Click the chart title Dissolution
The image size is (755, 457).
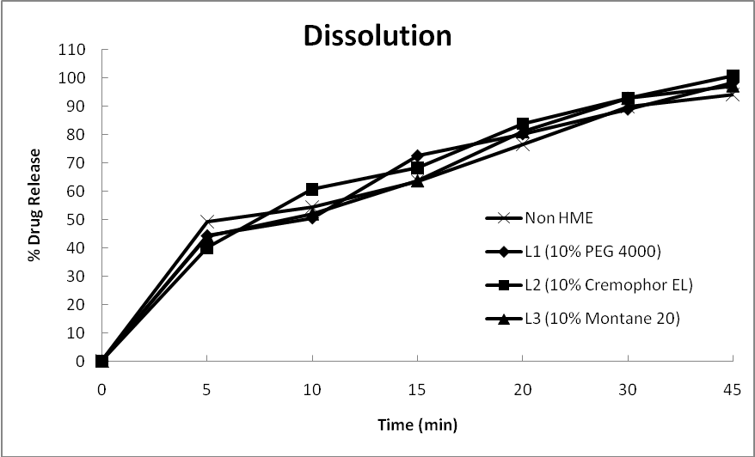[377, 36]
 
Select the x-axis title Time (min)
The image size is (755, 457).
[417, 424]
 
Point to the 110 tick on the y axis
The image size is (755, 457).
[72, 50]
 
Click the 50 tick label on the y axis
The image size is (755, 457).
[76, 220]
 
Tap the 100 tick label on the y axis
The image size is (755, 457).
[72, 78]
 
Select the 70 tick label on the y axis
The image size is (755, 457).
[76, 163]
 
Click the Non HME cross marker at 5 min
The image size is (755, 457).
[207, 222]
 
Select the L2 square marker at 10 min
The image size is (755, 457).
[312, 189]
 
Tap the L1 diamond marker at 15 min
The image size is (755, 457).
[417, 155]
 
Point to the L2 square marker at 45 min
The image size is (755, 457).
[733, 76]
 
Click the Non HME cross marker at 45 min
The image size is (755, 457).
[733, 94]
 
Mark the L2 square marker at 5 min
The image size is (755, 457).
[207, 248]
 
